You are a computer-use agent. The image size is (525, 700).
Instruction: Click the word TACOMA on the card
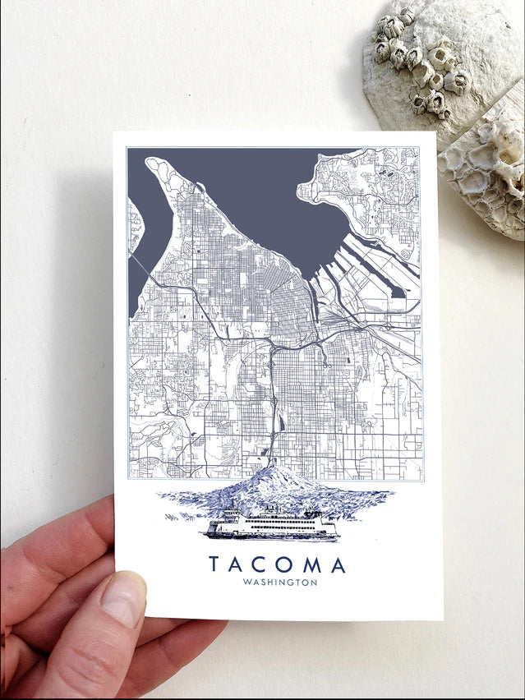click(277, 565)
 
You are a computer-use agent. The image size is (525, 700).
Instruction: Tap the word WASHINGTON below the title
click(280, 583)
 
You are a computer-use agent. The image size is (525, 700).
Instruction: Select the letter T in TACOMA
click(214, 565)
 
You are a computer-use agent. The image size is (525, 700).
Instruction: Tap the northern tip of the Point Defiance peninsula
click(153, 163)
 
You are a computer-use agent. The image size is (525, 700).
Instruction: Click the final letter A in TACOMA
click(338, 565)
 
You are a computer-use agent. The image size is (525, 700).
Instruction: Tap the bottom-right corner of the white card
click(442, 618)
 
